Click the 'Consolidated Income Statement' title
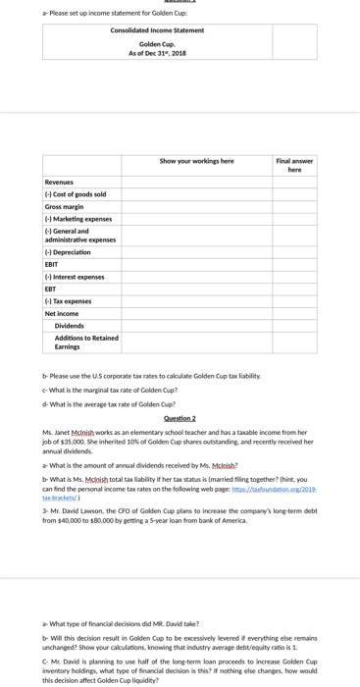coord(157,30)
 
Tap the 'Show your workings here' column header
coord(196,161)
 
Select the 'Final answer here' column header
coord(294,165)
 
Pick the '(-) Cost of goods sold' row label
coord(76,194)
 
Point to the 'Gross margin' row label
coord(66,207)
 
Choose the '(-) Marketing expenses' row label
coord(78,219)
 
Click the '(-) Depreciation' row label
coord(68,252)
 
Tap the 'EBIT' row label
coord(52,264)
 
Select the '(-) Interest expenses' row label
coord(76,278)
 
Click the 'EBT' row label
coord(51,290)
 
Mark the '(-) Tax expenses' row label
coord(68,301)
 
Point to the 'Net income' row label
coord(64,313)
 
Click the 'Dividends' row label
coord(69,325)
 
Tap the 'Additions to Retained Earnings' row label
coord(85,342)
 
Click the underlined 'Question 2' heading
coord(180,418)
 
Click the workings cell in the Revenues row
coord(196,183)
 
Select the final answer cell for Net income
coord(294,313)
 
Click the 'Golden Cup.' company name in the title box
coord(157,44)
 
